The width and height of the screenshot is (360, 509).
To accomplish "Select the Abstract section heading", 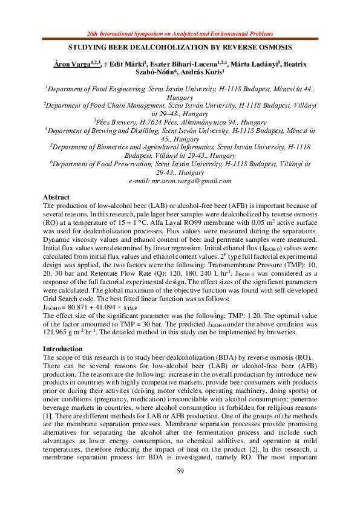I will coord(57,198).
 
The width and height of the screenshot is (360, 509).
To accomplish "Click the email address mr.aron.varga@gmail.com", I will coord(180,181).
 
